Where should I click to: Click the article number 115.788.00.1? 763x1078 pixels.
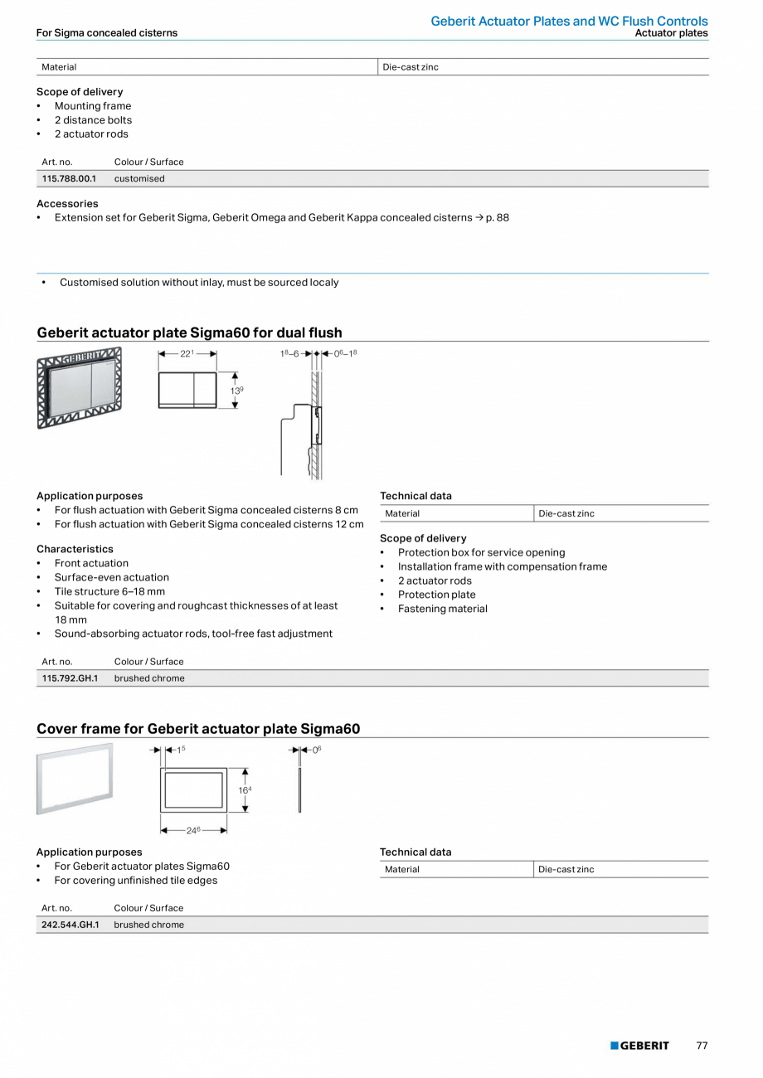(x=69, y=178)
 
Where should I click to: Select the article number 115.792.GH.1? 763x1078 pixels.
(x=70, y=678)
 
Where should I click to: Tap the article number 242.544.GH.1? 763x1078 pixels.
(x=70, y=925)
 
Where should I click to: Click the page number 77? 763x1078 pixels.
(x=702, y=1046)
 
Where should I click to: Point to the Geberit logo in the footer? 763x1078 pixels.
(x=639, y=1046)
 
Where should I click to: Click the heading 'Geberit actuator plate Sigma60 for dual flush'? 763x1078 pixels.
(x=189, y=333)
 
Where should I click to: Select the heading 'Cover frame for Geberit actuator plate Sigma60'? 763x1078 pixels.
(x=198, y=729)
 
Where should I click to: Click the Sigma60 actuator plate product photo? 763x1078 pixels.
(x=79, y=387)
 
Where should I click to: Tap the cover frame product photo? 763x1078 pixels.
(x=75, y=779)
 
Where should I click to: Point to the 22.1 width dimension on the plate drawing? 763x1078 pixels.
(x=187, y=354)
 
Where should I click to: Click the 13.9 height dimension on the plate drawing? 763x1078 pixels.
(x=236, y=390)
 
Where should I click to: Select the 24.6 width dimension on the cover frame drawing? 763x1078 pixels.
(x=193, y=830)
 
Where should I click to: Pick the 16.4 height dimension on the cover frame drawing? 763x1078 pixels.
(x=245, y=790)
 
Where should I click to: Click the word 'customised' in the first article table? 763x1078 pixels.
(x=139, y=178)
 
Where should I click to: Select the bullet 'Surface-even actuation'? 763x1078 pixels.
(x=111, y=577)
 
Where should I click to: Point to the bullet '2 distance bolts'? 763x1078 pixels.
(x=93, y=119)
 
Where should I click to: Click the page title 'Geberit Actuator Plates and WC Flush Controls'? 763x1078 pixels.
(x=569, y=21)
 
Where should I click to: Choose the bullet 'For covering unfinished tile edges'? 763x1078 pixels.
(x=135, y=880)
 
